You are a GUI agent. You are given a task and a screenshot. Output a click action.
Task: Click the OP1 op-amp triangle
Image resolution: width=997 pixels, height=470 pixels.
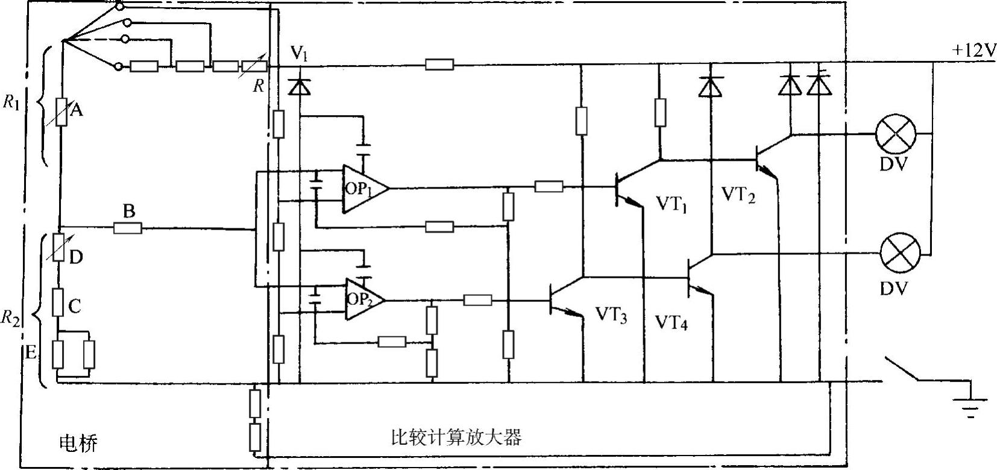click(x=362, y=189)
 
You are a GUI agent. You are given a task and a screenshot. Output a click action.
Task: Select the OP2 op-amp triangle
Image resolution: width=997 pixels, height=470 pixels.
click(x=363, y=300)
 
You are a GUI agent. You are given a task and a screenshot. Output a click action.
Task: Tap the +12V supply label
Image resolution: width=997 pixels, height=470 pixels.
click(x=973, y=51)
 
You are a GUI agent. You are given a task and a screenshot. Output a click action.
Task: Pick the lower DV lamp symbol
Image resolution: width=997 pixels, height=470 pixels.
click(x=898, y=254)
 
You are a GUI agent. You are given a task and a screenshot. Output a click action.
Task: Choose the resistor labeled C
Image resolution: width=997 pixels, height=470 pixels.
click(x=58, y=302)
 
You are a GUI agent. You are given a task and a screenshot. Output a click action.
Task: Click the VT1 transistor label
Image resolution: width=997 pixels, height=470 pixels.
click(x=671, y=205)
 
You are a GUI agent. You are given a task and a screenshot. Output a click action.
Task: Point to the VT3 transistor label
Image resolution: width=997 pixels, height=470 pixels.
click(x=611, y=316)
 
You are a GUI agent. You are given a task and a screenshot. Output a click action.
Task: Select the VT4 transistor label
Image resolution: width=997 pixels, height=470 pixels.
click(x=671, y=324)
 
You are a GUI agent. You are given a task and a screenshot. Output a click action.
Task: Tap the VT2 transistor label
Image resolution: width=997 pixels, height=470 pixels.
click(x=738, y=195)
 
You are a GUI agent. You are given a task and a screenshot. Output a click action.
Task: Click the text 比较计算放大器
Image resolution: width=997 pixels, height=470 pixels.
click(x=456, y=436)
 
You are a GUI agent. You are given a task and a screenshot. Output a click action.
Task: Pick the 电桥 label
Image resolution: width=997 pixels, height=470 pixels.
click(x=78, y=443)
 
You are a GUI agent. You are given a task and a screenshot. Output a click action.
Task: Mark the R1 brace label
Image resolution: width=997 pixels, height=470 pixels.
click(x=11, y=102)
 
